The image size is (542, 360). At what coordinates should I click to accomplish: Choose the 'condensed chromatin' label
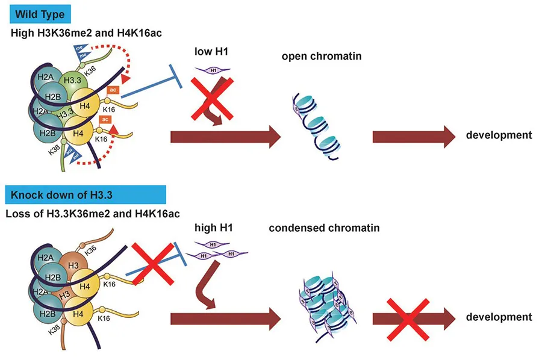tap(324, 228)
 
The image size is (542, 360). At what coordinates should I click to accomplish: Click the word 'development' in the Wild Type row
tap(499, 135)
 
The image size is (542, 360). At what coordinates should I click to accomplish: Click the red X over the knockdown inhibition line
tap(148, 262)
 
